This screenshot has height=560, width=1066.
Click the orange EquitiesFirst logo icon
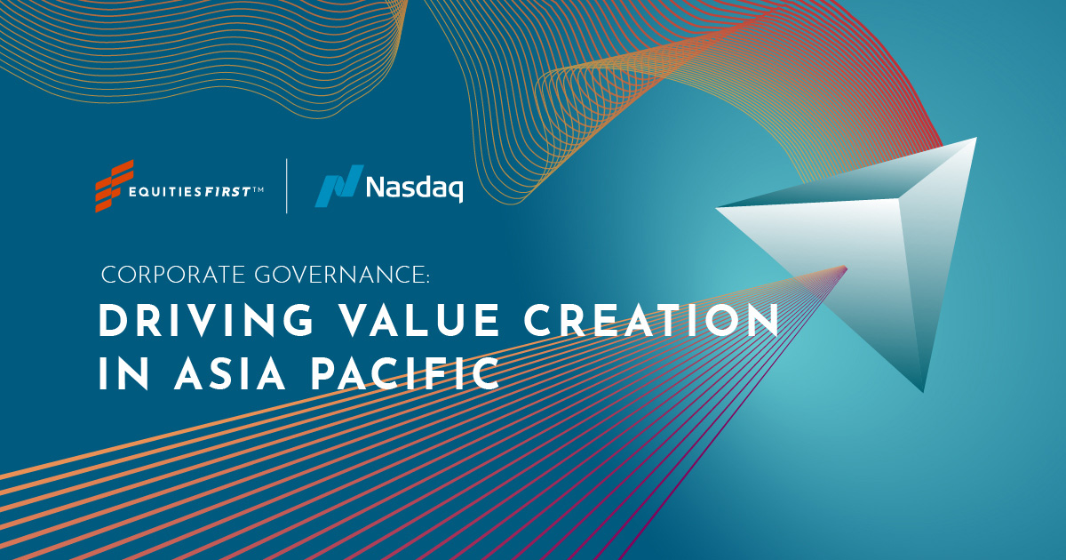114,186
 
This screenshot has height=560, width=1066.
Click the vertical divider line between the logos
286,186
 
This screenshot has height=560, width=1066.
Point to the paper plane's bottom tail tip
924,391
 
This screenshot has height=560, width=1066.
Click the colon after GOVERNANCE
427,277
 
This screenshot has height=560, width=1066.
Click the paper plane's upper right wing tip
975,140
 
